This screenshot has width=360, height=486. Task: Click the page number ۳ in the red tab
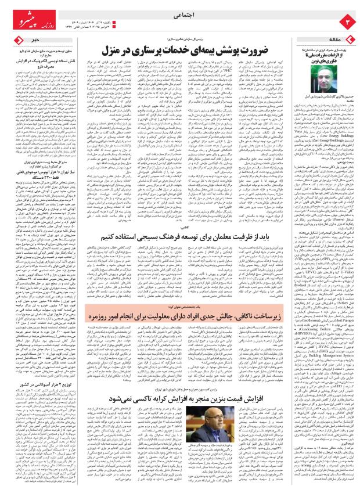pos(349,21)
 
